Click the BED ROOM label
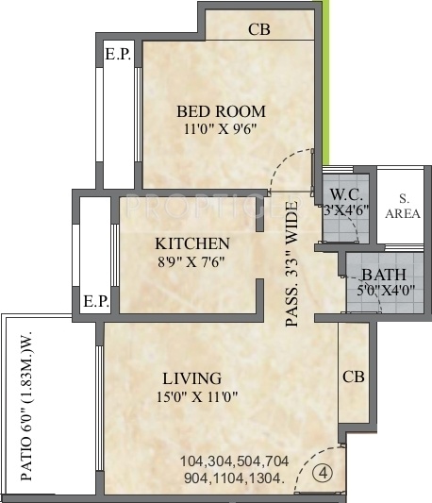pyautogui.click(x=222, y=110)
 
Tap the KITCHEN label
pyautogui.click(x=192, y=243)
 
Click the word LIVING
pyautogui.click(x=190, y=377)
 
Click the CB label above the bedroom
pyautogui.click(x=259, y=29)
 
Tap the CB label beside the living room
pyautogui.click(x=354, y=377)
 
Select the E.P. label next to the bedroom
pyautogui.click(x=118, y=55)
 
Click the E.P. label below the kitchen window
pyautogui.click(x=95, y=303)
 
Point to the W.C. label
pyautogui.click(x=341, y=195)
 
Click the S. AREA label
pyautogui.click(x=403, y=206)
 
